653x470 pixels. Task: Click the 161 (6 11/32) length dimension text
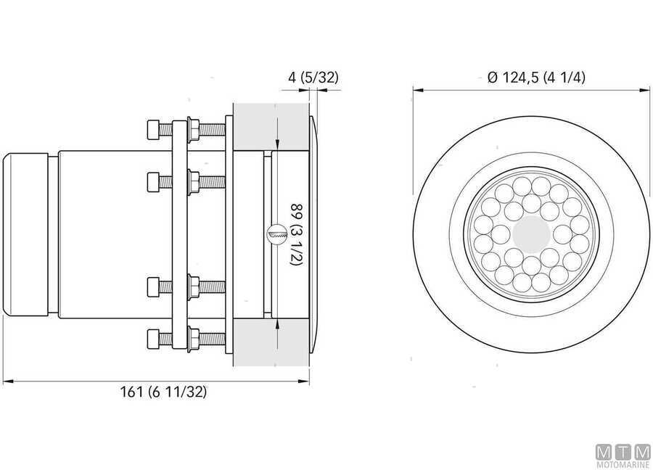[x=163, y=392]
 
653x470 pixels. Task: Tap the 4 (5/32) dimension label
[x=311, y=76]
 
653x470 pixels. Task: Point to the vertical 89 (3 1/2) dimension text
[x=295, y=235]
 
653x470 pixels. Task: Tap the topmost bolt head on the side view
[x=153, y=130]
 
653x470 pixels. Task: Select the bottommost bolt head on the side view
[x=153, y=337]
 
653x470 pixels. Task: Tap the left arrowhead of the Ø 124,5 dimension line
[x=417, y=90]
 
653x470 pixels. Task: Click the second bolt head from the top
[x=153, y=179]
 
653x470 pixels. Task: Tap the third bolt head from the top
[x=153, y=288]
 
